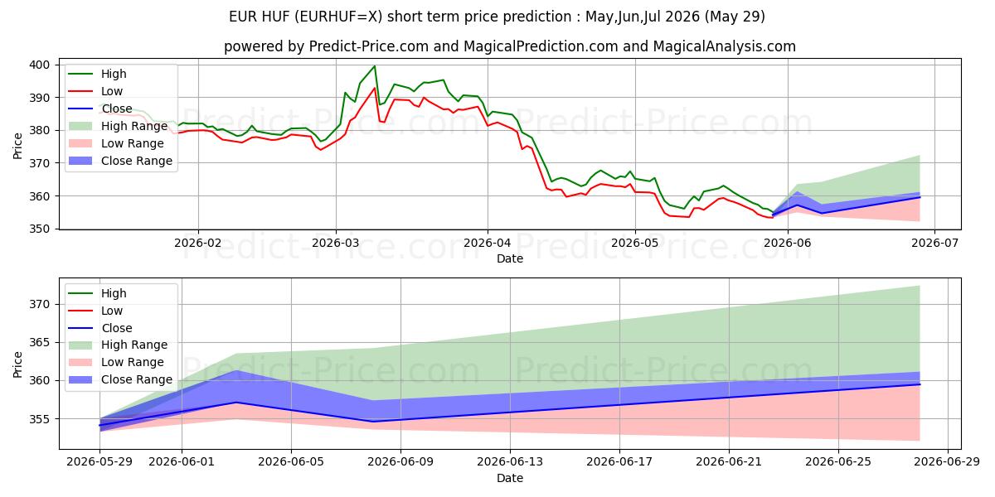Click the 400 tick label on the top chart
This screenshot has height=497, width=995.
[x=39, y=65]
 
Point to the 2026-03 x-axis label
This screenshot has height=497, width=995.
[x=336, y=243]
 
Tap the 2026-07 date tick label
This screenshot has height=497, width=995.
[x=934, y=243]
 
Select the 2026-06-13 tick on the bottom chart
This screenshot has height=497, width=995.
[x=510, y=462]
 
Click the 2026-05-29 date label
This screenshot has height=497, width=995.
[x=99, y=462]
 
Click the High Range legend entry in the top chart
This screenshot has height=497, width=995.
[x=118, y=126]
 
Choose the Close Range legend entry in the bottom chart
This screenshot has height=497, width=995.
[x=120, y=379]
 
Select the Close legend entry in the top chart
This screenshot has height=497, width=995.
[x=100, y=109]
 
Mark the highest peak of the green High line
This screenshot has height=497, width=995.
[x=375, y=66]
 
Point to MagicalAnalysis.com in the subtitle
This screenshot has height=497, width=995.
[x=724, y=46]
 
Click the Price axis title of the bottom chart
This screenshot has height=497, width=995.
[x=17, y=364]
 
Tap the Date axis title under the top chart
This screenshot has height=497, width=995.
[x=510, y=258]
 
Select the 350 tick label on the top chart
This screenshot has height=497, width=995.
[x=39, y=229]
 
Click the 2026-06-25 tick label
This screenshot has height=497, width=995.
[x=838, y=462]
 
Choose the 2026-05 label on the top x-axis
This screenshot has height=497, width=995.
[x=635, y=243]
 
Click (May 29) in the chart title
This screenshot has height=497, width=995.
[x=735, y=17]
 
